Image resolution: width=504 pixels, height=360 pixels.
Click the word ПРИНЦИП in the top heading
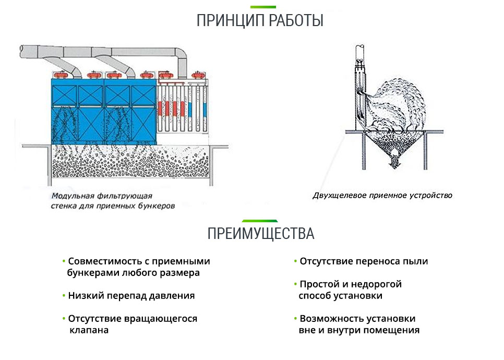[x=231, y=20]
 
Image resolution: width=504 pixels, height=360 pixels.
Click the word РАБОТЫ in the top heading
[x=296, y=20]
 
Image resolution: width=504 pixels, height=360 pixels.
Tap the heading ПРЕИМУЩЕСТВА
[x=261, y=234]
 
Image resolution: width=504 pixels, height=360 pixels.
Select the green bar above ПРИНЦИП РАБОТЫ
[x=263, y=7]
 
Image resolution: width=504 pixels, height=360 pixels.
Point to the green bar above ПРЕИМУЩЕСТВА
[x=260, y=221]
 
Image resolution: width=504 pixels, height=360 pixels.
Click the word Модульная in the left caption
[x=73, y=196]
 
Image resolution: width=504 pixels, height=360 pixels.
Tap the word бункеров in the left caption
[x=157, y=206]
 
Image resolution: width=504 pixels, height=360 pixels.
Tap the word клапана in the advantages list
[x=89, y=330]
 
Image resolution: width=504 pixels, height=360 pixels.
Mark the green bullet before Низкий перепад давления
[x=64, y=295]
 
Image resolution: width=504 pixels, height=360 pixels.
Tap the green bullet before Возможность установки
[x=295, y=318]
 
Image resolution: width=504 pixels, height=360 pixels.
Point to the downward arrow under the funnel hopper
[x=394, y=163]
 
